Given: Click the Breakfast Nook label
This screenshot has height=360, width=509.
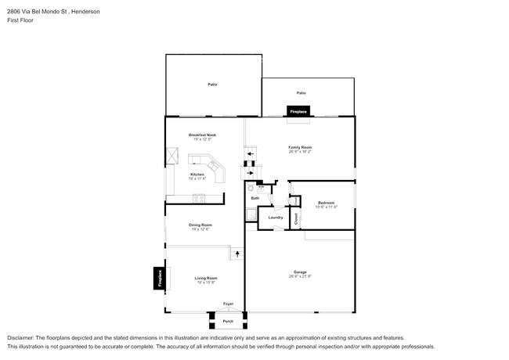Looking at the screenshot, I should [x=202, y=135].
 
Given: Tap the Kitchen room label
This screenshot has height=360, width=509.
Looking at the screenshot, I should [x=197, y=175].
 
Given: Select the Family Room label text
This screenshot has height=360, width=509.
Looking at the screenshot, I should [x=300, y=147].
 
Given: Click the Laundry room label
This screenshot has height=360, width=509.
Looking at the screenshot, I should [x=275, y=217].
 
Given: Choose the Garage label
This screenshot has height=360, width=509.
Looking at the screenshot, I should [x=300, y=272].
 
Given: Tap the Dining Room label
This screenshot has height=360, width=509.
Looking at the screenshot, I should [x=200, y=225].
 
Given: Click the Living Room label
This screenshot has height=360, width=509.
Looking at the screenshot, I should [x=206, y=278].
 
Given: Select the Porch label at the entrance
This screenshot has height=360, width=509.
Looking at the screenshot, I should [x=228, y=321].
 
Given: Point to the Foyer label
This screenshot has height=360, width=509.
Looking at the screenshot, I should [x=228, y=304].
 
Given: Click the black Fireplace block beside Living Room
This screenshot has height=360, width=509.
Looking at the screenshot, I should [x=158, y=279].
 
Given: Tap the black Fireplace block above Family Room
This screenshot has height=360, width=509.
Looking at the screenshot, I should [x=298, y=112].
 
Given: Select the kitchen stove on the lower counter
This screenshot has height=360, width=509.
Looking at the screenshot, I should [x=198, y=196].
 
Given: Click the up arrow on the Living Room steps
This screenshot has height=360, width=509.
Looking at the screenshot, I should [x=236, y=254].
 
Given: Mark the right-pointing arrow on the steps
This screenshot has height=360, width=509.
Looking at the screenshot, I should [x=251, y=173].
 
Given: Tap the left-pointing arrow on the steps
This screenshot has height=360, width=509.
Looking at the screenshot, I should [x=251, y=154].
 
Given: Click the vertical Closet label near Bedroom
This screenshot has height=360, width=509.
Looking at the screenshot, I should [x=296, y=220].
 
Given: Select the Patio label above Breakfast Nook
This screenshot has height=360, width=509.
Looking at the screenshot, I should [x=211, y=84].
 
